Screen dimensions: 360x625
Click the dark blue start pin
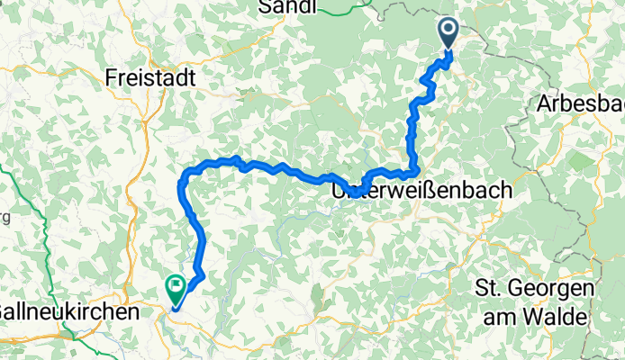[448, 34]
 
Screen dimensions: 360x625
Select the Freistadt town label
[150, 77]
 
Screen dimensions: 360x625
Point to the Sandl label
[286, 8]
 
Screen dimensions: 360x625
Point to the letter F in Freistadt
[112, 77]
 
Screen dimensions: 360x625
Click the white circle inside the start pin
[448, 30]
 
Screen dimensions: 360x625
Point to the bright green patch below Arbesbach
[582, 164]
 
